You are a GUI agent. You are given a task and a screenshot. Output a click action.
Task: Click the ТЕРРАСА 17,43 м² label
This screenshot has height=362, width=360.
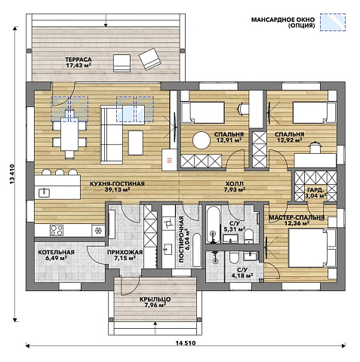tap(78, 63)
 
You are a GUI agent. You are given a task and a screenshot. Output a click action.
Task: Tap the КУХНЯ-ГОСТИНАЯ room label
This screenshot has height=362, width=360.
tap(117, 184)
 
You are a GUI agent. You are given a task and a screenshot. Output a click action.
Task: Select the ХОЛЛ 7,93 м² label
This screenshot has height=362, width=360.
tap(234, 186)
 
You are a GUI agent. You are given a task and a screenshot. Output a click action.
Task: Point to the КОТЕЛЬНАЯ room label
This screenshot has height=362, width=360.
tap(56, 252)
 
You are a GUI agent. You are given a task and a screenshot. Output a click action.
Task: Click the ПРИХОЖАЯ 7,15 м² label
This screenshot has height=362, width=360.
tap(125, 255)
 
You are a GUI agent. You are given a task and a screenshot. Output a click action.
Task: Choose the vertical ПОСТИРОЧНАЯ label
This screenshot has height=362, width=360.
tap(184, 239)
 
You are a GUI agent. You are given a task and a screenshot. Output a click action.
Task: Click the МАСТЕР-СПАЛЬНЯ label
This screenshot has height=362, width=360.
tap(297, 217)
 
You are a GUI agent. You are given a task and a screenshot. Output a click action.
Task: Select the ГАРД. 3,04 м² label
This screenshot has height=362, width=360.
tap(315, 192)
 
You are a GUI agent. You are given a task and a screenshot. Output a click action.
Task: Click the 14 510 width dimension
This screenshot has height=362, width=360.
tap(186, 343)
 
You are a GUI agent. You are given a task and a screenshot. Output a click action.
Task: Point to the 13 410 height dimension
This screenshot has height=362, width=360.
tap(12, 174)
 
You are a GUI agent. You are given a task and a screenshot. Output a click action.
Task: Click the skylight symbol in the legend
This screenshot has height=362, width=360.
tap(333, 23)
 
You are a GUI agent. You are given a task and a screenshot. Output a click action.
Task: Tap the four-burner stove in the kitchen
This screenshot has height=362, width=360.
tap(57, 230)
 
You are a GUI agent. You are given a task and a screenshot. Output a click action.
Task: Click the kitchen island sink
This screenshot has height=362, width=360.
tap(44, 192)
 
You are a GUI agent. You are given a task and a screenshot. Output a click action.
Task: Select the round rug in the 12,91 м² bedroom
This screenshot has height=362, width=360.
tap(202, 140)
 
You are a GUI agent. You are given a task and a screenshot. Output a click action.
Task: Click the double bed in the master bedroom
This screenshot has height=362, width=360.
tap(312, 248)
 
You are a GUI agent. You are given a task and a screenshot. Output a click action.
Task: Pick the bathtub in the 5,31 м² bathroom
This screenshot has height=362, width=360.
tap(214, 225)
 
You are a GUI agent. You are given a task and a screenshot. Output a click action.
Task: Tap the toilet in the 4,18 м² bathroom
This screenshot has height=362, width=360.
tap(234, 258)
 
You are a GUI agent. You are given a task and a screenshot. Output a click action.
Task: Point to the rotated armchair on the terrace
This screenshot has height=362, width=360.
tap(150, 59)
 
